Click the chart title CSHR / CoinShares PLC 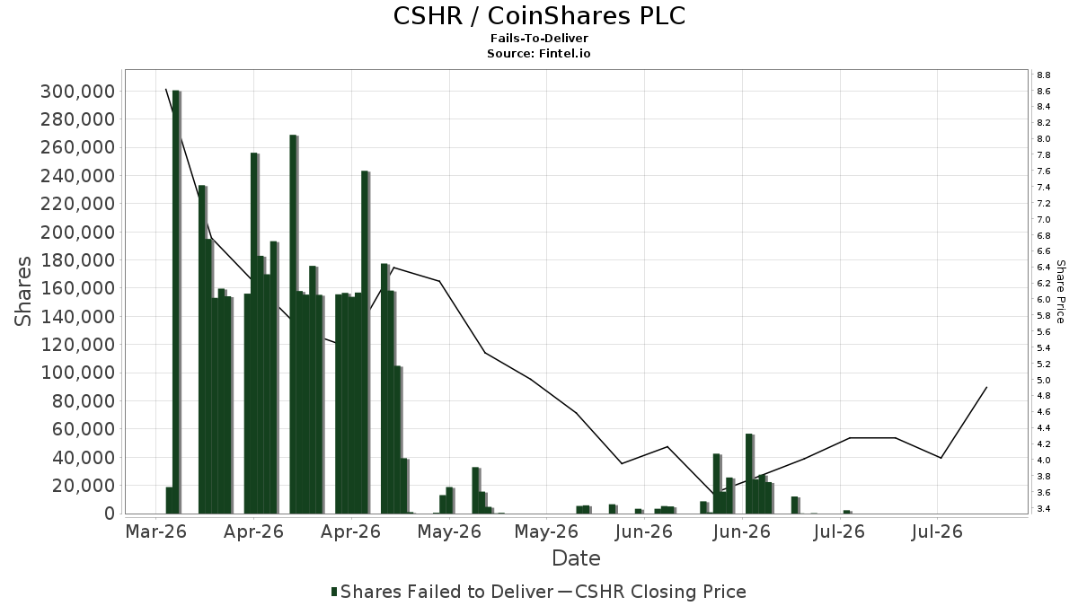click(x=539, y=16)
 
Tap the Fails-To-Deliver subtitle click(x=539, y=38)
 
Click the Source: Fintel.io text click(x=538, y=53)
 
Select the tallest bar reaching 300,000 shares click(x=176, y=302)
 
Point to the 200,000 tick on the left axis click(x=78, y=233)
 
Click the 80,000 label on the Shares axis click(x=84, y=401)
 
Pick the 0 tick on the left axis click(x=110, y=514)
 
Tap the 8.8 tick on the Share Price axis click(x=1044, y=75)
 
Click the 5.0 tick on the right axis click(x=1044, y=381)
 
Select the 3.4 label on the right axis click(x=1044, y=509)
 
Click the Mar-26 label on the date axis click(x=156, y=531)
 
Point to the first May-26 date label click(x=449, y=531)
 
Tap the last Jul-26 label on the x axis click(x=937, y=531)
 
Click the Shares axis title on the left click(x=22, y=292)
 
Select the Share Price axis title click(x=1060, y=292)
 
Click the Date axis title click(x=576, y=558)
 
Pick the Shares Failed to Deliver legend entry click(x=442, y=592)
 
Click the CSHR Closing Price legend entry click(x=652, y=592)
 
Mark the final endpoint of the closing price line click(x=987, y=387)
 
